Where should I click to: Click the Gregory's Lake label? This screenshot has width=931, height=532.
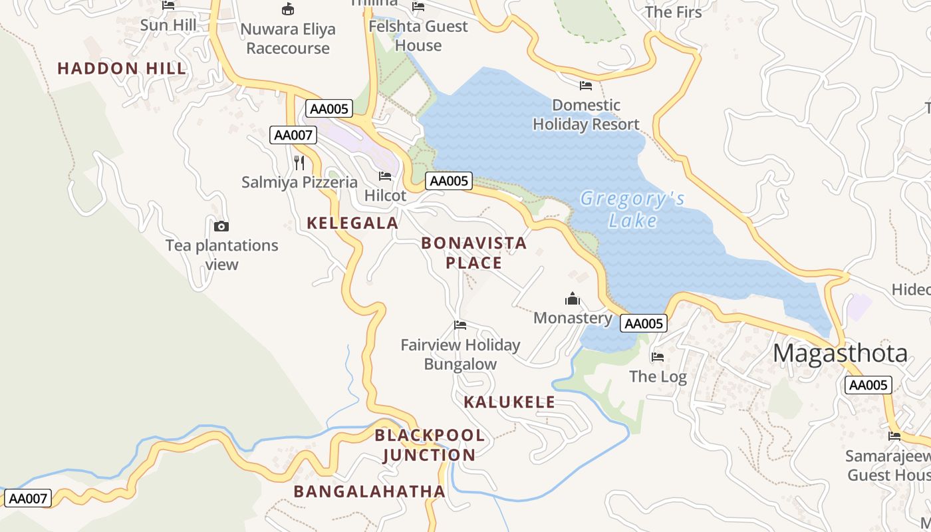click(x=632, y=209)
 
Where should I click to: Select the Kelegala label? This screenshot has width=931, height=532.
click(x=352, y=223)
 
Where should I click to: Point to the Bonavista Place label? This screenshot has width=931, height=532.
click(x=474, y=253)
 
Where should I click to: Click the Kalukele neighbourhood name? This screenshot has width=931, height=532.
click(x=509, y=402)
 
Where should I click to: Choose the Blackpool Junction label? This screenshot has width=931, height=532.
click(x=430, y=445)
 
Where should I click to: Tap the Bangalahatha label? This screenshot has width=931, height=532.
click(x=369, y=491)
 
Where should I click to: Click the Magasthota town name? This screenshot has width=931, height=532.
click(x=840, y=353)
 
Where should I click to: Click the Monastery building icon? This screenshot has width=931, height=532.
click(x=573, y=299)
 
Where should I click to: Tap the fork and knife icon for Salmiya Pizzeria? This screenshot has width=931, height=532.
click(x=299, y=162)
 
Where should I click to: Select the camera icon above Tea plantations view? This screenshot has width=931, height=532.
click(x=221, y=226)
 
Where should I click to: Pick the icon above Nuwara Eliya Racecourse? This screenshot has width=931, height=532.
click(x=288, y=9)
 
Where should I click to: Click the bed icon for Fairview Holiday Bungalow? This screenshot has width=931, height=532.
click(x=460, y=325)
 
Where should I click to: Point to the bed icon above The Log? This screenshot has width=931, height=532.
click(x=658, y=357)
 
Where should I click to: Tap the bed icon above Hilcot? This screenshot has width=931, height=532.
click(x=385, y=176)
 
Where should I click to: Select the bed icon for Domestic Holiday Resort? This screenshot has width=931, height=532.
click(x=586, y=86)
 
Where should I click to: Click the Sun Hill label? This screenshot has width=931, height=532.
click(x=168, y=25)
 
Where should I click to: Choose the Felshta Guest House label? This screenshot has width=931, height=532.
click(x=418, y=36)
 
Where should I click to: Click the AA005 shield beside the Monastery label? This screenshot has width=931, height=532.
click(x=644, y=324)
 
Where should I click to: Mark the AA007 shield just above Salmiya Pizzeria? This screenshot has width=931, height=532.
click(x=293, y=135)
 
